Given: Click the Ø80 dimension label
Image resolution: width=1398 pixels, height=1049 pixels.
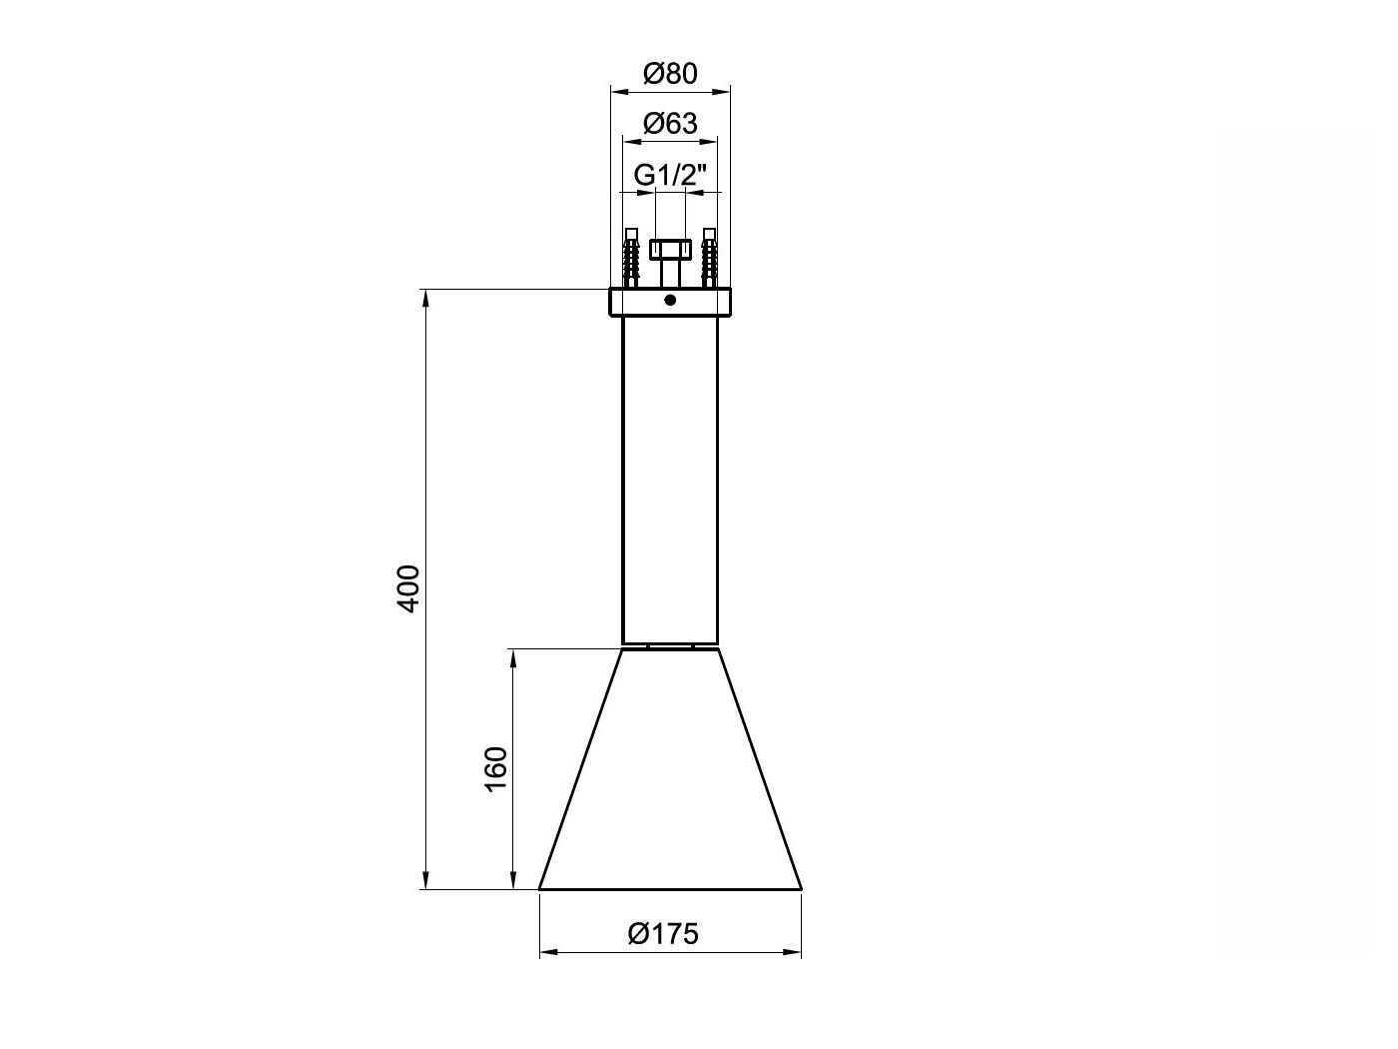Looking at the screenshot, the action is tap(670, 74).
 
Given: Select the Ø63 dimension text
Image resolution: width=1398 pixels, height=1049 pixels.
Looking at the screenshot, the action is tap(670, 123).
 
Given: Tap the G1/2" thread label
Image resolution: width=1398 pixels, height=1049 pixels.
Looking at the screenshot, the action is tap(670, 175).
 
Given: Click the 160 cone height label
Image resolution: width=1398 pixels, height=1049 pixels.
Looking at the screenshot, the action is tap(496, 768).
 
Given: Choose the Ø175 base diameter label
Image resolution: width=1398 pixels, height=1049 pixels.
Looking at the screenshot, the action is tap(663, 934).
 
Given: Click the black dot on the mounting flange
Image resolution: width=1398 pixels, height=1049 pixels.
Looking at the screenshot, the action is tap(670, 300).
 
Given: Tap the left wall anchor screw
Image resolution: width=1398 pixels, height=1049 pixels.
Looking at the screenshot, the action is tap(631, 258).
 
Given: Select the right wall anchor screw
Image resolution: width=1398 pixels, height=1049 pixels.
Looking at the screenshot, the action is tap(709, 258).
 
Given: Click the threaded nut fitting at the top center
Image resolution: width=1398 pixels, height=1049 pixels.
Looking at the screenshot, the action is tap(670, 249).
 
